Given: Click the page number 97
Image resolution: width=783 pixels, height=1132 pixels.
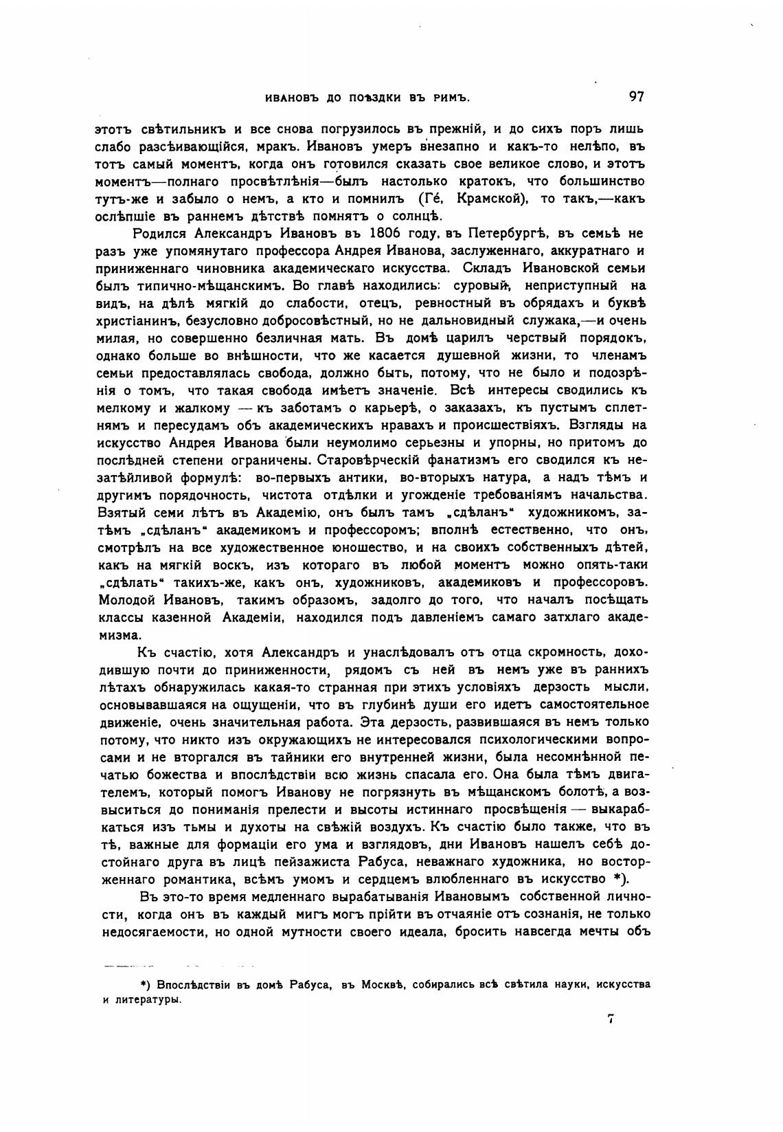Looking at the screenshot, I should [x=636, y=97].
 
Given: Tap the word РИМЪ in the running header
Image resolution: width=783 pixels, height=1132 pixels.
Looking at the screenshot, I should [x=450, y=98].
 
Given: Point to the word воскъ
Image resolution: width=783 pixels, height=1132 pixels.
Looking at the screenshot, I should [x=225, y=565].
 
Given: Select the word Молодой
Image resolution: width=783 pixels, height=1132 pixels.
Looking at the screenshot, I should [x=126, y=600].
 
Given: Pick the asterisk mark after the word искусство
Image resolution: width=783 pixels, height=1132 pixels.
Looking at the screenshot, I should [x=617, y=880].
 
